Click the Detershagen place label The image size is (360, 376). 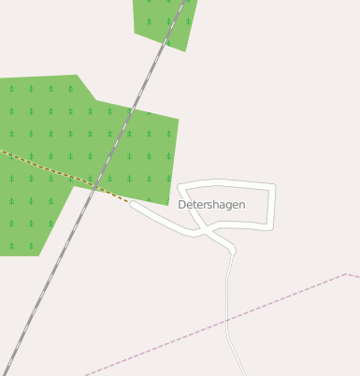(211, 204)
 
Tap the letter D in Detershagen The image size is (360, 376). (182, 204)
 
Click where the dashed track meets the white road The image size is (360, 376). (131, 202)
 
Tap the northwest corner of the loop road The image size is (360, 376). (179, 185)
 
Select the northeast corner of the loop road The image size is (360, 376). (275, 186)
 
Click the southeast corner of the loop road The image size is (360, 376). (272, 226)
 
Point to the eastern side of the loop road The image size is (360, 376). (274, 206)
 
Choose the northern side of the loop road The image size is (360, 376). (224, 181)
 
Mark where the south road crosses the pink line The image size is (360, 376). (228, 319)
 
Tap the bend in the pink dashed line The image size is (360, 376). (347, 274)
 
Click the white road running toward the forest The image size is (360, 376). (159, 218)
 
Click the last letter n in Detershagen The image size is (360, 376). (241, 204)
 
